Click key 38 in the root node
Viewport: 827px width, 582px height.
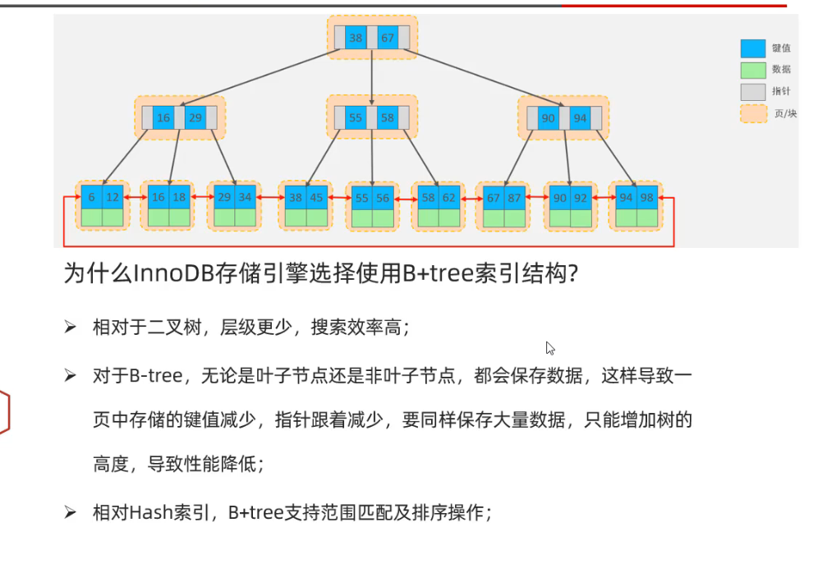click(x=356, y=38)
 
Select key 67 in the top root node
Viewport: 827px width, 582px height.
click(x=388, y=38)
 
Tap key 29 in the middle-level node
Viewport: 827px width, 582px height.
click(x=195, y=118)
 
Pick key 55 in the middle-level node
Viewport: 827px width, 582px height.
click(x=356, y=117)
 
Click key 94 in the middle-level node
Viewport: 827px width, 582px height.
click(x=581, y=118)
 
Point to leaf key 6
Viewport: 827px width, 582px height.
click(x=91, y=198)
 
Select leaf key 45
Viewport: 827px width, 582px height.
click(x=316, y=198)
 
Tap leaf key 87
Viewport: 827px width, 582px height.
click(x=514, y=198)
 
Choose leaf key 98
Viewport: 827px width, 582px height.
click(x=648, y=198)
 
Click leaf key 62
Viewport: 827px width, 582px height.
click(x=448, y=198)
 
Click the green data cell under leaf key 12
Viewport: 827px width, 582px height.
click(x=113, y=218)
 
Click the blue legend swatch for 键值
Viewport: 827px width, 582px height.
click(x=752, y=48)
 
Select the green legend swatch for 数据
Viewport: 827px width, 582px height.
click(x=752, y=70)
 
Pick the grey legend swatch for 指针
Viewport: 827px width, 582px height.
click(x=752, y=91)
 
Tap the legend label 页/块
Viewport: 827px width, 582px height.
click(x=785, y=113)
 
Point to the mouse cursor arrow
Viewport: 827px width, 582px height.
click(x=549, y=347)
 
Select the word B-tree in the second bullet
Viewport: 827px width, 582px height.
click(x=155, y=376)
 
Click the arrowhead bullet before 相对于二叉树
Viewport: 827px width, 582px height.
click(x=71, y=328)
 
